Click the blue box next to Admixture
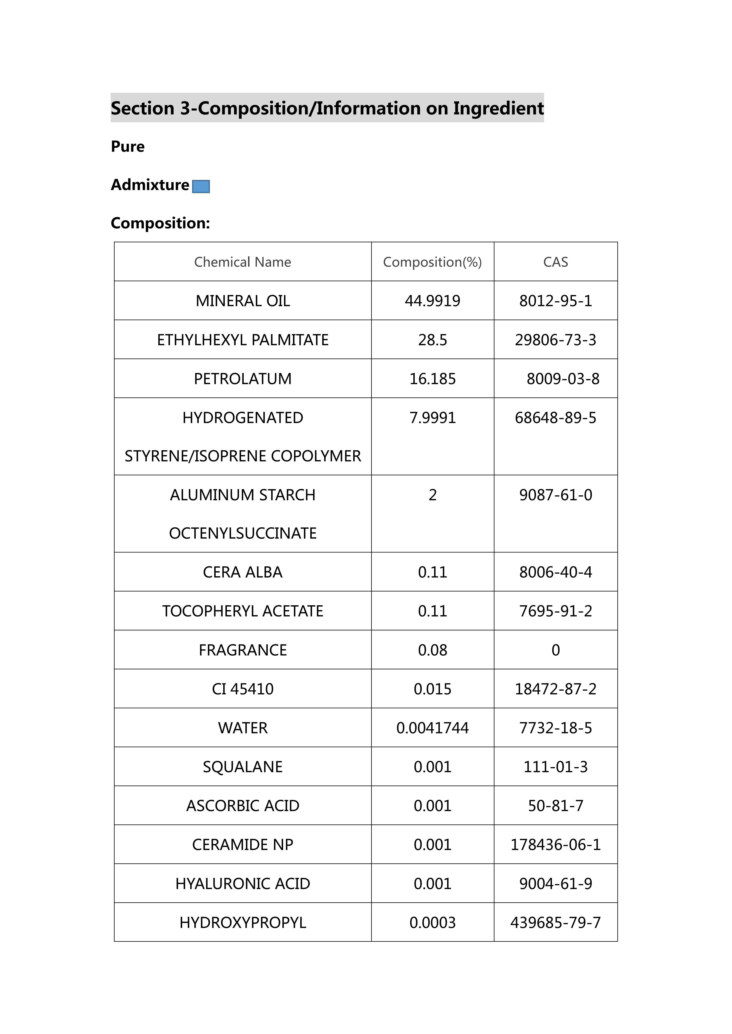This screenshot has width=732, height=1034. point(201,187)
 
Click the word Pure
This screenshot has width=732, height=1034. point(127,147)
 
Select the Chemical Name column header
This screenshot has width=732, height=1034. point(243,262)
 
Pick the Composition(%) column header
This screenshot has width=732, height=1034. point(432,262)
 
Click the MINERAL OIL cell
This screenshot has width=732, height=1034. point(243,301)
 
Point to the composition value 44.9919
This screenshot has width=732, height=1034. point(432,301)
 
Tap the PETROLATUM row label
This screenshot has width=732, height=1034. point(243,379)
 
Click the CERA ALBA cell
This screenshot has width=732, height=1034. point(243,572)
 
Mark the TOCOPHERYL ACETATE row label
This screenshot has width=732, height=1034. point(243,611)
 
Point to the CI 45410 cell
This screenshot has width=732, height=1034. point(243,689)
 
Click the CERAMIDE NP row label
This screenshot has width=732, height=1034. point(243,845)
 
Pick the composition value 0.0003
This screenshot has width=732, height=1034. point(432,923)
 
